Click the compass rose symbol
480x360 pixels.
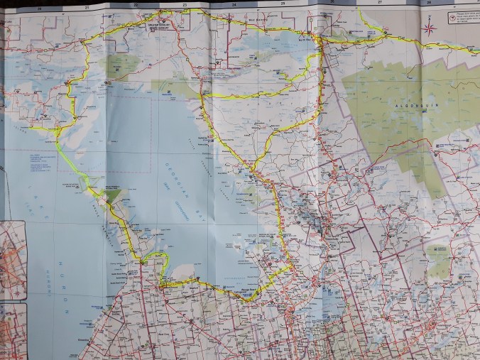click(430, 28)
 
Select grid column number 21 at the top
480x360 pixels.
click(87, 7)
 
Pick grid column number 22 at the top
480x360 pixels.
click(136, 6)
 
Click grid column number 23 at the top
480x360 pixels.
click(185, 6)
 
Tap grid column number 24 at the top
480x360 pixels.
click(234, 6)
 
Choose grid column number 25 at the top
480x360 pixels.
click(283, 5)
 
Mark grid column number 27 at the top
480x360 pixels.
click(381, 4)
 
